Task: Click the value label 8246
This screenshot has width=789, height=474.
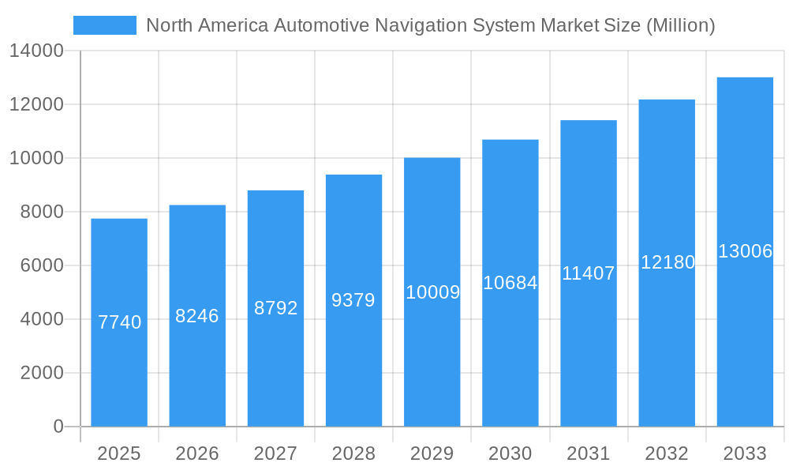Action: (197, 316)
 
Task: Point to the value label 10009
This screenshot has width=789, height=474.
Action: (432, 292)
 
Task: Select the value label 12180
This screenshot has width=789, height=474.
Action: (667, 262)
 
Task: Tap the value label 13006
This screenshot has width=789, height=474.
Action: (745, 251)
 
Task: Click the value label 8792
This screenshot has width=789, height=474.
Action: (275, 308)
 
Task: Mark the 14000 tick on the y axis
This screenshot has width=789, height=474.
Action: (36, 51)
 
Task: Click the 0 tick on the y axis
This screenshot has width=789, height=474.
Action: (58, 427)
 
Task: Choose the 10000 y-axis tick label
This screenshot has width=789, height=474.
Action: (36, 159)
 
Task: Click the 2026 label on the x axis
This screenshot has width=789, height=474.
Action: (197, 453)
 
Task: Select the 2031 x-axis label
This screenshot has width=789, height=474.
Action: (589, 453)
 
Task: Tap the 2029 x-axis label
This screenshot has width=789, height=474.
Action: (432, 453)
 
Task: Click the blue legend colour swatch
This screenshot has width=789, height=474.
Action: (105, 25)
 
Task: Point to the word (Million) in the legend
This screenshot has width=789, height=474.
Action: (680, 25)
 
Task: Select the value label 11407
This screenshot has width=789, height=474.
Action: (589, 273)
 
